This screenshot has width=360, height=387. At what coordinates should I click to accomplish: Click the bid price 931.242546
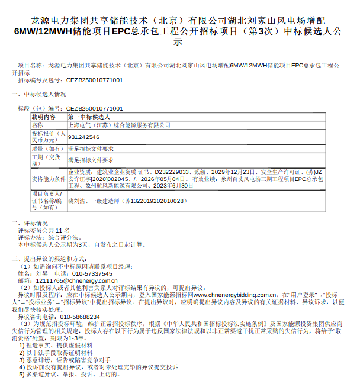(x=84, y=137)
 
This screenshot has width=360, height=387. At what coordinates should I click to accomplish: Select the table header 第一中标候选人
(x=89, y=117)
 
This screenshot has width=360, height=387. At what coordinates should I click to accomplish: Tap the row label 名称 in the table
(x=38, y=125)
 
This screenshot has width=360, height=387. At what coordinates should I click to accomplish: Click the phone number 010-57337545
(x=92, y=274)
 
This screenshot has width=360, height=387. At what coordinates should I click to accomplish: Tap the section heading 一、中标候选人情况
(x=39, y=93)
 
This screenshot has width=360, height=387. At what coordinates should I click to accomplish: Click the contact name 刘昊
(x=41, y=274)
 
